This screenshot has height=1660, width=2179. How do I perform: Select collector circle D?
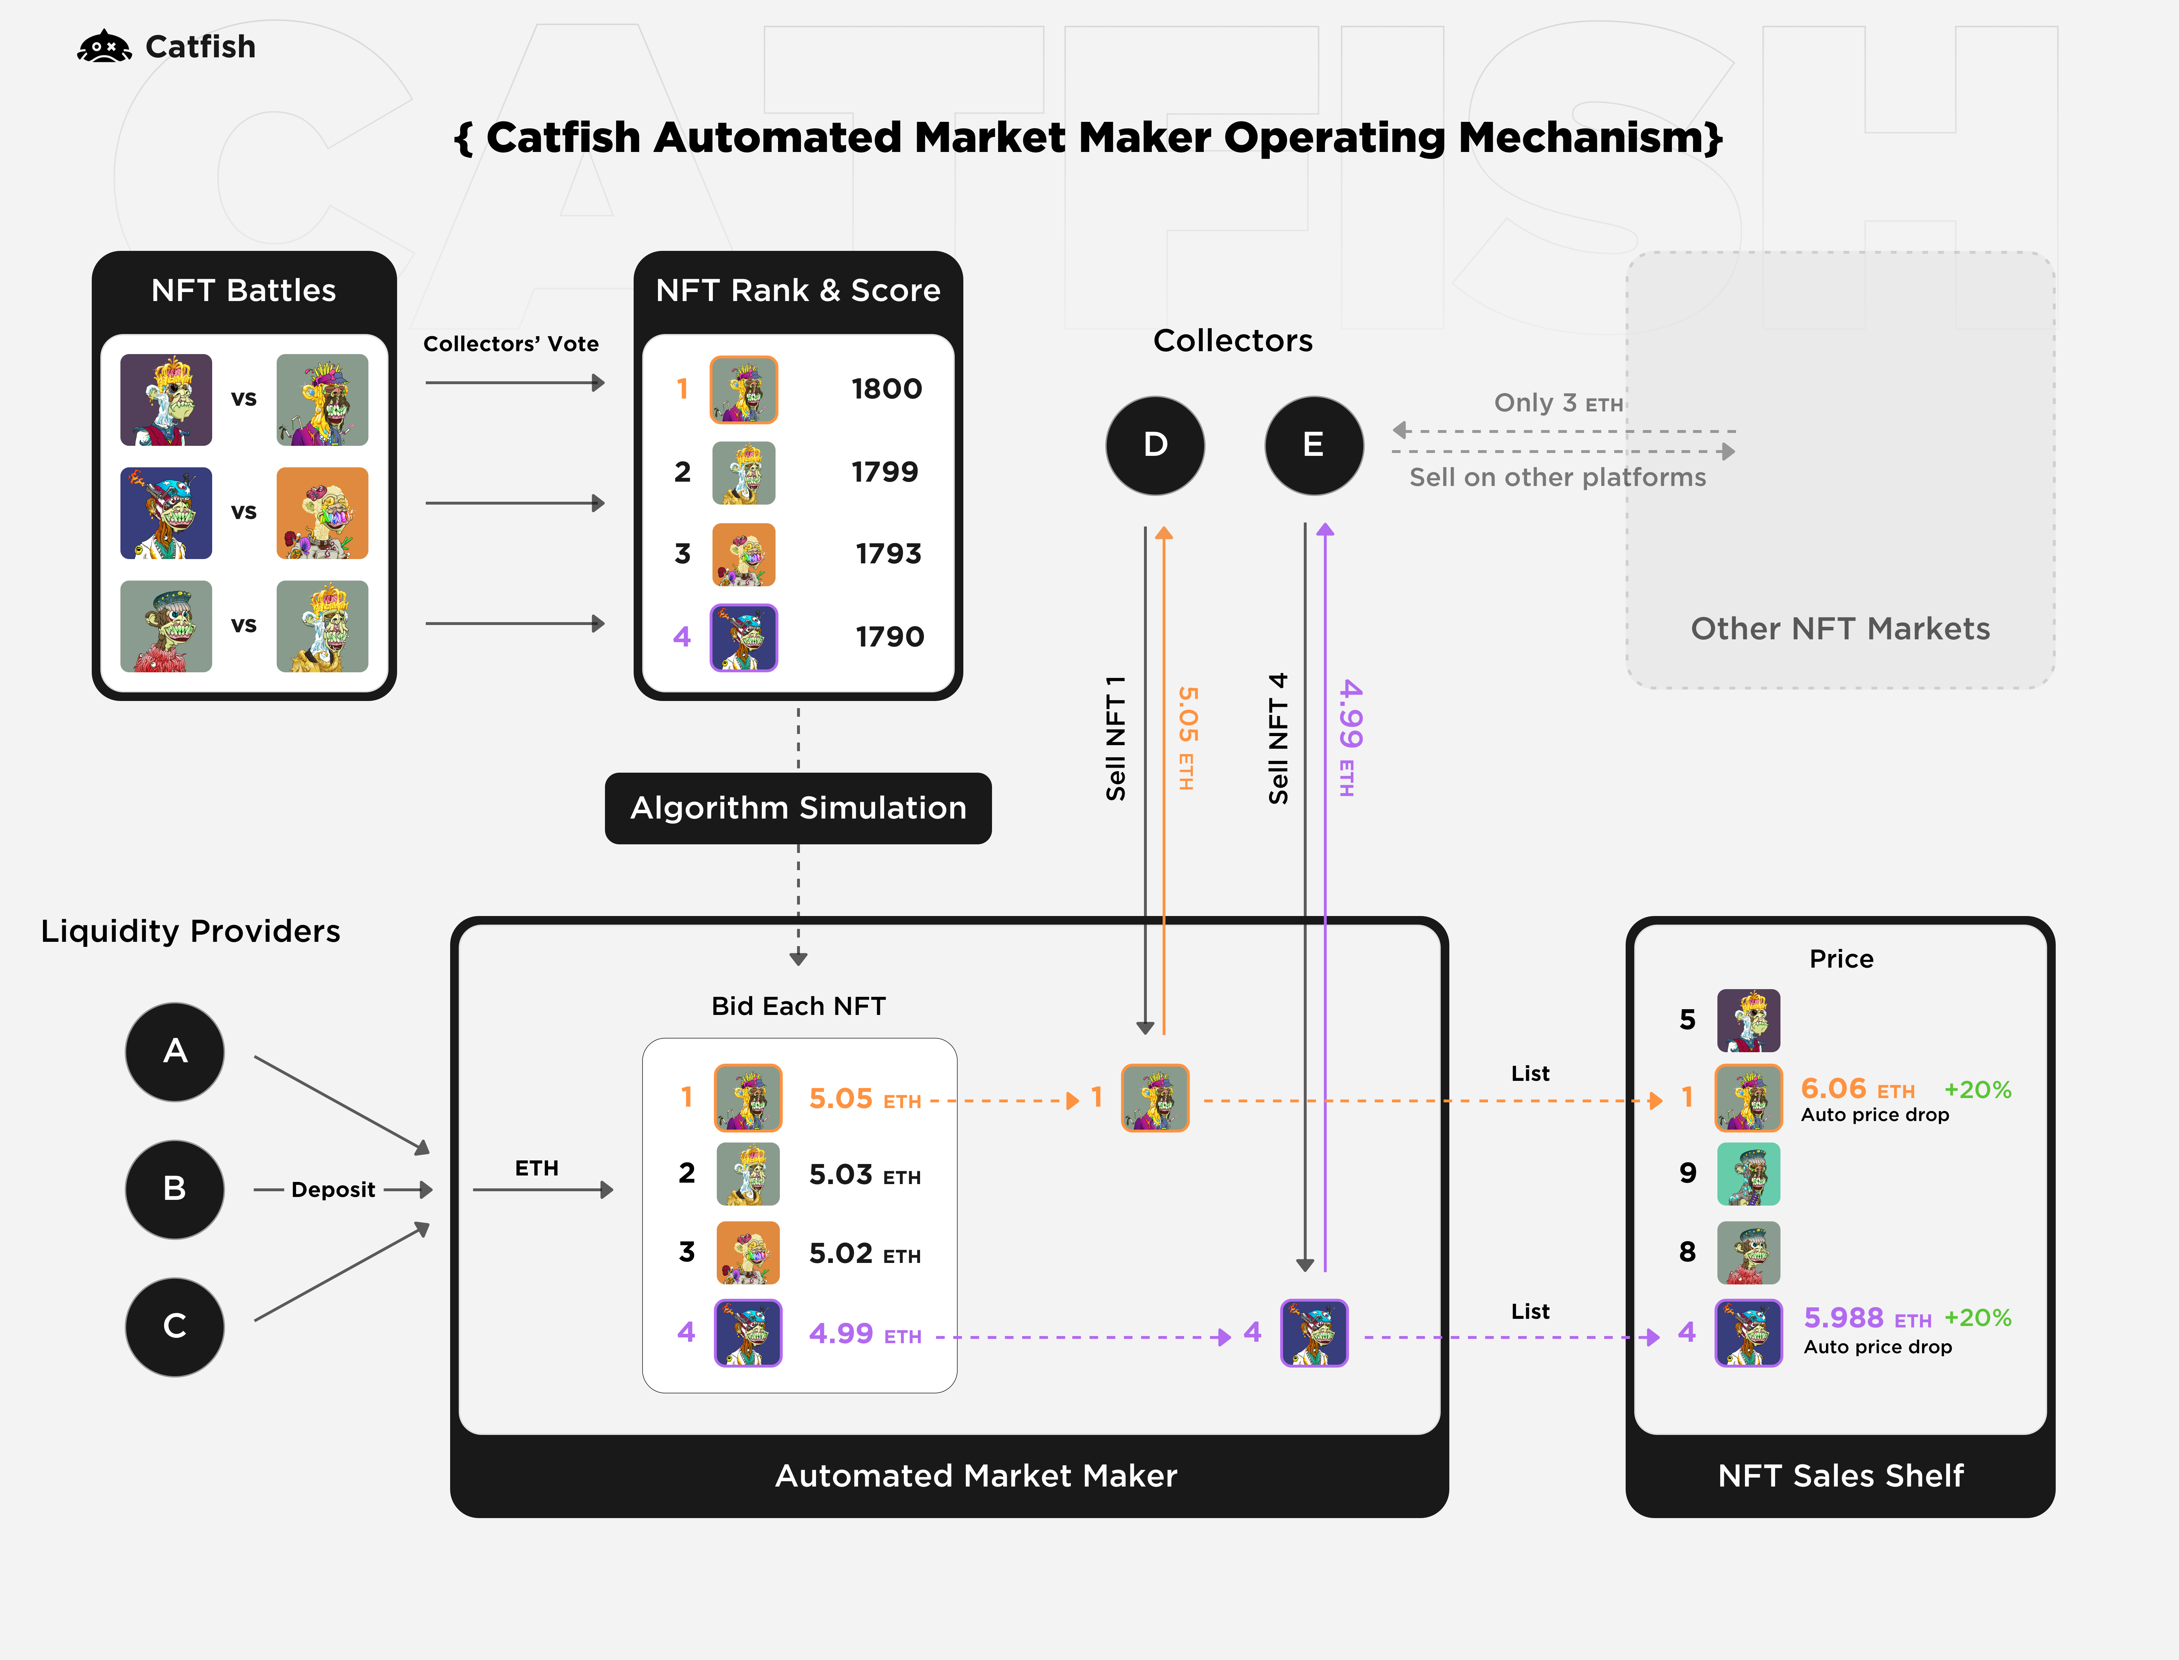[1154, 445]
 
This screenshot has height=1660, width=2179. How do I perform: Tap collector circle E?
[1313, 445]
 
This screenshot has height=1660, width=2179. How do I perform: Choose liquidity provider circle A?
[175, 1051]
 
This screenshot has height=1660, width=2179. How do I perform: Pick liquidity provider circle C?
[175, 1326]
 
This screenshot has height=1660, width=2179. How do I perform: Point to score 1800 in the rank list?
[886, 389]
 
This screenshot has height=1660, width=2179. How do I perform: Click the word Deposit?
[333, 1190]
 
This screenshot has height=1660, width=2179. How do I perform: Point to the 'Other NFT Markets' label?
[1840, 629]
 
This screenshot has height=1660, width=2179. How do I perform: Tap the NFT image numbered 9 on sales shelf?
[1748, 1174]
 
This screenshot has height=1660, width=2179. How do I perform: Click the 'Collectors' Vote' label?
[511, 344]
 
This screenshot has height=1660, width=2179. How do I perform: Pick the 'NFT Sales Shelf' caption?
[1840, 1475]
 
